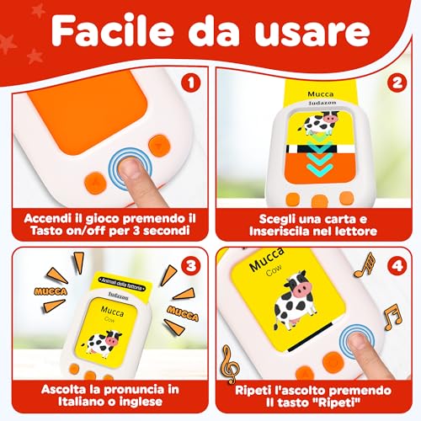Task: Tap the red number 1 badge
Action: (190, 84)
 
